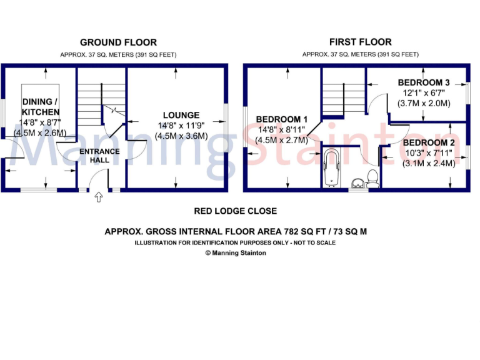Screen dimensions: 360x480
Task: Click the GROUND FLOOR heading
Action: pyautogui.click(x=118, y=42)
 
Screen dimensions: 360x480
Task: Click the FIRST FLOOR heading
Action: pyautogui.click(x=361, y=42)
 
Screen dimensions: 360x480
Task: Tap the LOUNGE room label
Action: pyautogui.click(x=181, y=115)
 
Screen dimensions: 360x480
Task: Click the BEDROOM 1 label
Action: pyautogui.click(x=282, y=119)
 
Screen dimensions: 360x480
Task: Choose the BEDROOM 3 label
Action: pyautogui.click(x=424, y=82)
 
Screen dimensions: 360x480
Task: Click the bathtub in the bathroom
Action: pyautogui.click(x=331, y=167)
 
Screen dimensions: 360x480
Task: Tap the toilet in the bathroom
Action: pyautogui.click(x=373, y=178)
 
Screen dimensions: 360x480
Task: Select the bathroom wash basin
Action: pyautogui.click(x=358, y=183)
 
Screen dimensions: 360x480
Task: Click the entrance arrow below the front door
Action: pyautogui.click(x=98, y=198)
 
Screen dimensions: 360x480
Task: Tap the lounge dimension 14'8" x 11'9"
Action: pyautogui.click(x=181, y=125)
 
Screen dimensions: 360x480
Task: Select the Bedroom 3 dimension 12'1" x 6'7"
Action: pyautogui.click(x=424, y=93)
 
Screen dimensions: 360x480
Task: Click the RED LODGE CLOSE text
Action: pyautogui.click(x=235, y=211)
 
